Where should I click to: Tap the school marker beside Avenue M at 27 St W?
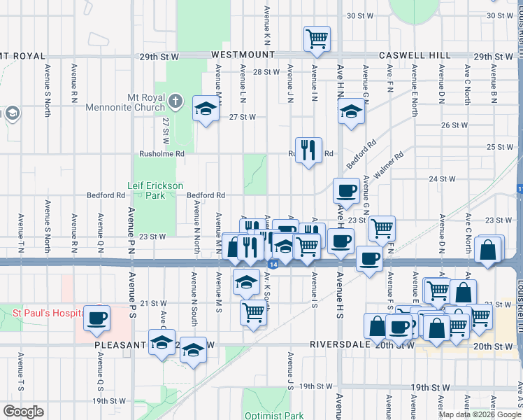[x=206, y=109]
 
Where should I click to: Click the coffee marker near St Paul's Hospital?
[x=97, y=318]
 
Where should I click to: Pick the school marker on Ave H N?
[x=351, y=111]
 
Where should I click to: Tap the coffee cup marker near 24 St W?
[x=346, y=190]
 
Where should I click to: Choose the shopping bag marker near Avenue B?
[x=489, y=248]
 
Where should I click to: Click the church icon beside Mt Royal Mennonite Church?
[x=178, y=103]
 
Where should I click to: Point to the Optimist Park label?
[x=274, y=415]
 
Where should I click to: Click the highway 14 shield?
[x=272, y=264]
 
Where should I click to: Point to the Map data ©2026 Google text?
[x=478, y=414]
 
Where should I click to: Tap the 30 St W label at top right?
[x=501, y=15]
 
